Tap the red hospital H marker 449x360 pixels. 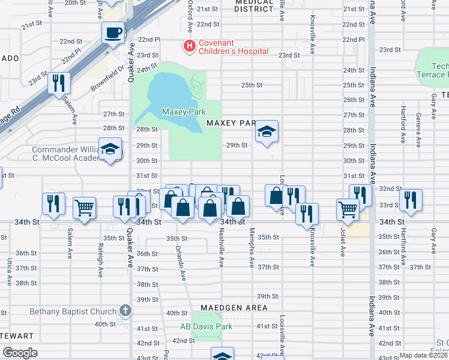click(190, 45)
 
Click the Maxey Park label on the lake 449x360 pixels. click(184, 112)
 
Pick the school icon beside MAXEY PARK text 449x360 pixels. click(267, 133)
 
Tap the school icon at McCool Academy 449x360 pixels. click(110, 150)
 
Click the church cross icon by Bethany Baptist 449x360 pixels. click(125, 310)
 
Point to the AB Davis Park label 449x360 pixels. click(206, 327)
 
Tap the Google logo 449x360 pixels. click(20, 353)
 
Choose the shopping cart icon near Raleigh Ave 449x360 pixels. click(84, 208)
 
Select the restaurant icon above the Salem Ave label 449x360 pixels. click(59, 83)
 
